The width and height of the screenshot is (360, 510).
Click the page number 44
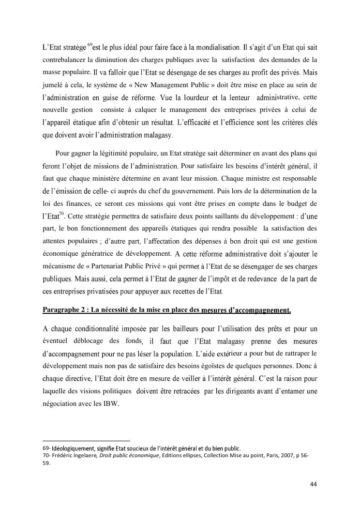(x=314, y=484)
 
